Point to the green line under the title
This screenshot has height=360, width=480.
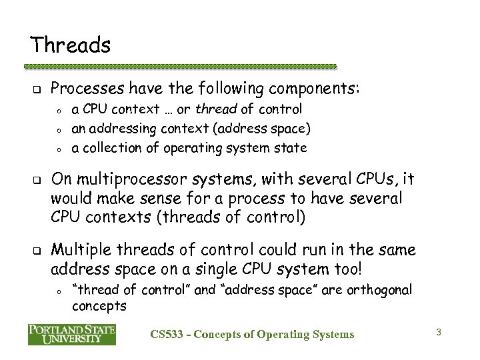(181, 67)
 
